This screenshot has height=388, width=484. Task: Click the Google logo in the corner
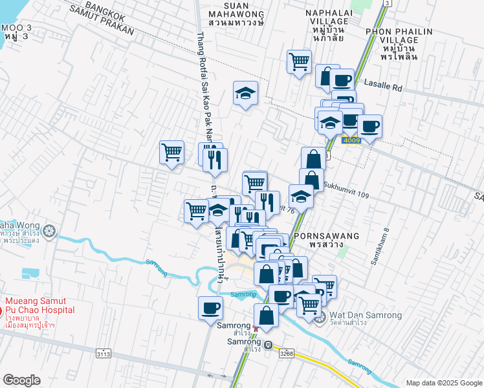click(21, 380)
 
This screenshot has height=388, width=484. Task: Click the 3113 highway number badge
click(104, 354)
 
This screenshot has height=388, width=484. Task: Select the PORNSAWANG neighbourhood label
click(322, 237)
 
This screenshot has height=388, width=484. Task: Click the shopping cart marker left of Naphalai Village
click(299, 62)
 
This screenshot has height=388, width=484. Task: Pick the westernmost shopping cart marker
click(171, 153)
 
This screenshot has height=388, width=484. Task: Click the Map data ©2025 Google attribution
click(443, 382)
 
